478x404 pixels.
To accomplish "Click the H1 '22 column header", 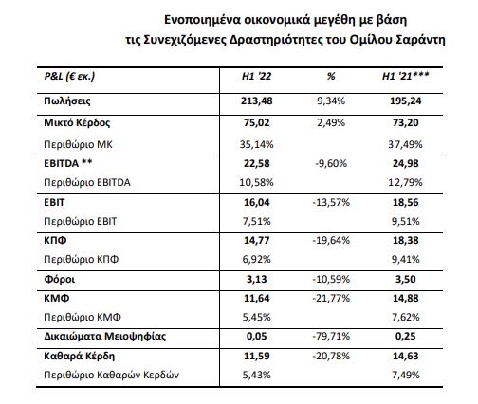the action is tap(256, 76).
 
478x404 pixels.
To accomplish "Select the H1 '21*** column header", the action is tap(405, 76).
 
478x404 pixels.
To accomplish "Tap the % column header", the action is tap(331, 76).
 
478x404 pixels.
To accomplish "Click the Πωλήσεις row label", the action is tap(67, 101).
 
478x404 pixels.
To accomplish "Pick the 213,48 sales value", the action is tap(256, 101).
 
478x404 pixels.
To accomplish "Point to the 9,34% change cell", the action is tap(331, 101).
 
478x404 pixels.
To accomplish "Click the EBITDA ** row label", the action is tap(68, 163).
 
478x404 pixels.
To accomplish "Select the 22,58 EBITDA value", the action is tap(256, 163).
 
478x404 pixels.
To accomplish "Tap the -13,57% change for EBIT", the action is tap(331, 202).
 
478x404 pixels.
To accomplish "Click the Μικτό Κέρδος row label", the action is tap(77, 122).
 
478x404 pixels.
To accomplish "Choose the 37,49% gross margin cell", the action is tap(405, 144).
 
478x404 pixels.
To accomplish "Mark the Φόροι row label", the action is tap(60, 280).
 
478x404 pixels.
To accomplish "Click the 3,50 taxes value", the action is tap(405, 280).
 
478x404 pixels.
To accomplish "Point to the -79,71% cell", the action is tap(331, 336).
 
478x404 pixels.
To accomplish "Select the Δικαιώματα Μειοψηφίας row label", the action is tap(105, 336).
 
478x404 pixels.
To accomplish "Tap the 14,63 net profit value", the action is tap(405, 356).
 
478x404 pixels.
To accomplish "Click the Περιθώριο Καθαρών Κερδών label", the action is tap(111, 375).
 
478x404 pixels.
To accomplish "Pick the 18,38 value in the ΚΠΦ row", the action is tap(405, 240).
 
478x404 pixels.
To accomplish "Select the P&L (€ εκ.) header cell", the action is tap(69, 77).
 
